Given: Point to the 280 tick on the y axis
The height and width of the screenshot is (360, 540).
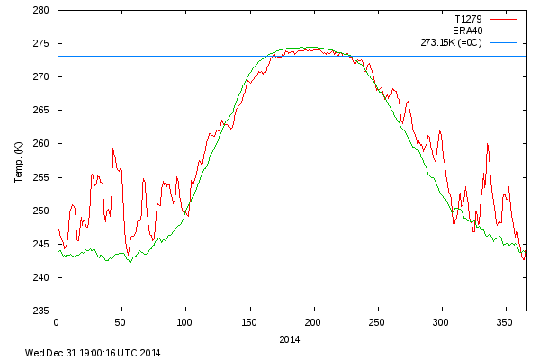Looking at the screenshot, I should [x=41, y=11].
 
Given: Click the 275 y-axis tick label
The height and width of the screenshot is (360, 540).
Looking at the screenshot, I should [x=41, y=44].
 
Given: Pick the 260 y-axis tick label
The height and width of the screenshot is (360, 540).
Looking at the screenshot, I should [x=41, y=144].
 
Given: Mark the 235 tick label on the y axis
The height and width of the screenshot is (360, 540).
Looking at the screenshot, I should [x=41, y=310].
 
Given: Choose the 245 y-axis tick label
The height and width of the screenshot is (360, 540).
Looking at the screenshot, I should [x=41, y=244].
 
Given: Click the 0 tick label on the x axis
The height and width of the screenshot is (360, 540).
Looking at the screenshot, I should [x=57, y=321].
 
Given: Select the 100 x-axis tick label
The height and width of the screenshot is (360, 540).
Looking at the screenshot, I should [x=185, y=321].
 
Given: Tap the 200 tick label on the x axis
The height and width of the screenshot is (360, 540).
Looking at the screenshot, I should [x=313, y=321].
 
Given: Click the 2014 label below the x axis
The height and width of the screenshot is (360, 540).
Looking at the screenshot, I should [x=289, y=339].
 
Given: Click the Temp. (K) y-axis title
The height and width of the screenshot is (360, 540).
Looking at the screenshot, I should [x=19, y=161].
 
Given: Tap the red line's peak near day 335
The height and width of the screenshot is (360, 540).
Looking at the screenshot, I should [x=487, y=144].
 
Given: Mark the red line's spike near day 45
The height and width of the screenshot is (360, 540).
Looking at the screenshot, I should [x=113, y=148].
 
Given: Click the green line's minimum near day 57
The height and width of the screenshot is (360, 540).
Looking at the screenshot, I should [x=130, y=263].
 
